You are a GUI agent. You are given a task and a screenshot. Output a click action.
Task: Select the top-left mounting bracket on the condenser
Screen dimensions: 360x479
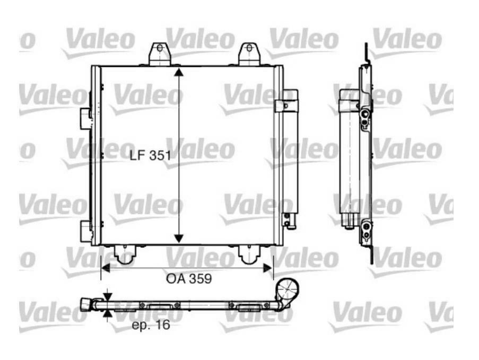(x=160, y=54)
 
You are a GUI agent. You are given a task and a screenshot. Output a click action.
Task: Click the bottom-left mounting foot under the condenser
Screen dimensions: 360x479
(x=125, y=255)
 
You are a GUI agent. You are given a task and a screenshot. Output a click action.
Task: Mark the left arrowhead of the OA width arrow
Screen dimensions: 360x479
(x=106, y=269)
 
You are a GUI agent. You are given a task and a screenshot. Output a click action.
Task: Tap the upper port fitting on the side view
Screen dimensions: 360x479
(x=364, y=118)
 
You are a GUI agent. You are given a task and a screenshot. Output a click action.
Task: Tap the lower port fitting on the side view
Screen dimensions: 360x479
(x=364, y=229)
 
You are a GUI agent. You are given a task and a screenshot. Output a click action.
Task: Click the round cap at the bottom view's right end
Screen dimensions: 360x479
(x=287, y=290)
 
